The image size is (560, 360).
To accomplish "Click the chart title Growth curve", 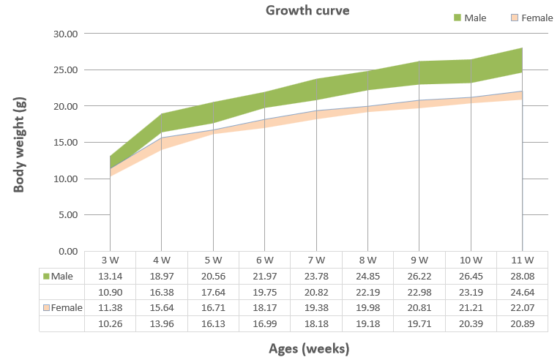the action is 307,10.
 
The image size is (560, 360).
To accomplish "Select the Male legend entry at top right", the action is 470,18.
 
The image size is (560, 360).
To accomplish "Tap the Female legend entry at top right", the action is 531,18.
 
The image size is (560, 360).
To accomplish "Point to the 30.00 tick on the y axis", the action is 66,34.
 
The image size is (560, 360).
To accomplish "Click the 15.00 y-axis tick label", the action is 66,143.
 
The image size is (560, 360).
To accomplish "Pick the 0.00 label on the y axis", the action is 68,252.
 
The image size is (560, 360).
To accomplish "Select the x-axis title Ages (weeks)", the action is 309,348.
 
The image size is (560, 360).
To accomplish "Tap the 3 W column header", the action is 110,260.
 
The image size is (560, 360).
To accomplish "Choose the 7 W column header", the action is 316,260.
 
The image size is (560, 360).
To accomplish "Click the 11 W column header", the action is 523,260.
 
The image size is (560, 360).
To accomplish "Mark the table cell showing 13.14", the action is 111,277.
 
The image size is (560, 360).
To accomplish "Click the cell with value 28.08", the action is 523,277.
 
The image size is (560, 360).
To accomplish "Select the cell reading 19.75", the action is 265,293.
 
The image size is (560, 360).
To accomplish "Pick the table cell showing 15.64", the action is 162,307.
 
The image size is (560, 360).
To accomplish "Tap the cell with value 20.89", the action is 523,324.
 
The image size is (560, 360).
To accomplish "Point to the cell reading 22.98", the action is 419,293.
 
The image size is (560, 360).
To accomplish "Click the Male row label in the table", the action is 58,277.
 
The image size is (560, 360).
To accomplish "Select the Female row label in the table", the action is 62,307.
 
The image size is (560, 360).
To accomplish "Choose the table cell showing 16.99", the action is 265,324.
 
